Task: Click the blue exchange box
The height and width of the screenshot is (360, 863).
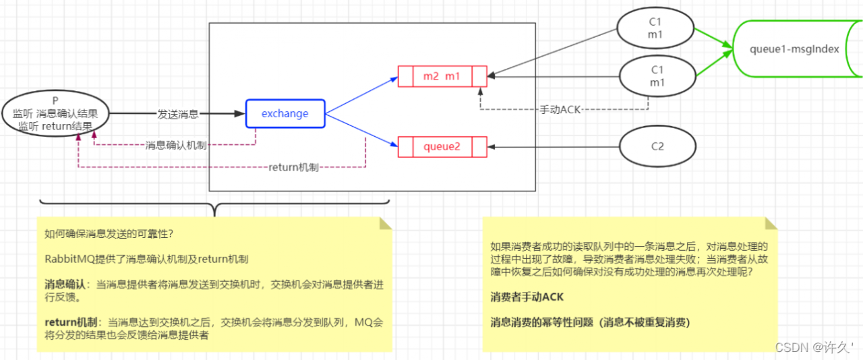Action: click(x=285, y=113)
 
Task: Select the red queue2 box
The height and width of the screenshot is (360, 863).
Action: click(x=442, y=146)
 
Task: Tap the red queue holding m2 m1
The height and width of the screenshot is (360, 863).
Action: click(x=442, y=76)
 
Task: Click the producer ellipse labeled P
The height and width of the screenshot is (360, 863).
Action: click(x=55, y=113)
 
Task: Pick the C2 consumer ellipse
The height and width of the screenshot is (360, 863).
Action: click(x=657, y=146)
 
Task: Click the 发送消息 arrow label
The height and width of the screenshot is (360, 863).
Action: click(x=178, y=114)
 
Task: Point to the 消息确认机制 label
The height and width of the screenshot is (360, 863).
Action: click(x=176, y=145)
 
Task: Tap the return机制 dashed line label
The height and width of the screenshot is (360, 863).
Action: click(x=293, y=167)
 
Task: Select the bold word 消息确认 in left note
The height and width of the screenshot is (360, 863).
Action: click(x=65, y=284)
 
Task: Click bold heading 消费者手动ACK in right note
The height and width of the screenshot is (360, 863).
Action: click(x=527, y=297)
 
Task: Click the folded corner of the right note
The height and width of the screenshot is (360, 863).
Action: click(x=771, y=223)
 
